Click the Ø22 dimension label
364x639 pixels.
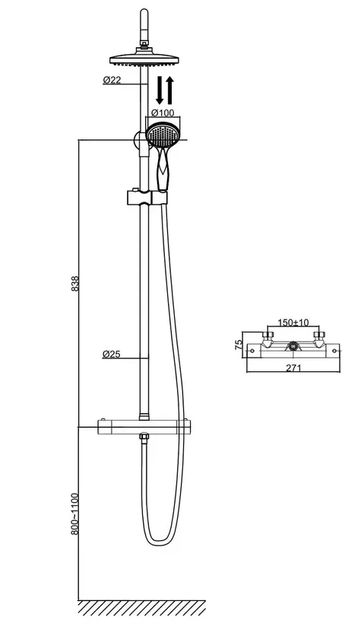click(112, 81)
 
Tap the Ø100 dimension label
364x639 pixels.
click(163, 113)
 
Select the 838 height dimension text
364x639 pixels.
click(75, 284)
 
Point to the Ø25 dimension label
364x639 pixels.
click(112, 354)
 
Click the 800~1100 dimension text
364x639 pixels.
click(74, 513)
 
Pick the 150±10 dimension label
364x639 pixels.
click(293, 323)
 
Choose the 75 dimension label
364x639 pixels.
click(239, 345)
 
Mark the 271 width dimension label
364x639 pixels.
click(293, 367)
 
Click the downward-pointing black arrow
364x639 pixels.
click(160, 90)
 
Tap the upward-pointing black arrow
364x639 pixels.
click(169, 90)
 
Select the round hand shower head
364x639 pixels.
click(163, 135)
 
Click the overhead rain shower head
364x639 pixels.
click(144, 59)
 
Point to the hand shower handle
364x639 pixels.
click(163, 170)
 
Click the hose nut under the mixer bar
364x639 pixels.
click(144, 437)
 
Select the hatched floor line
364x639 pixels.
click(141, 607)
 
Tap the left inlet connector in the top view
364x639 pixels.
click(267, 339)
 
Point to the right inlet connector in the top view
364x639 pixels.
click(319, 339)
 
